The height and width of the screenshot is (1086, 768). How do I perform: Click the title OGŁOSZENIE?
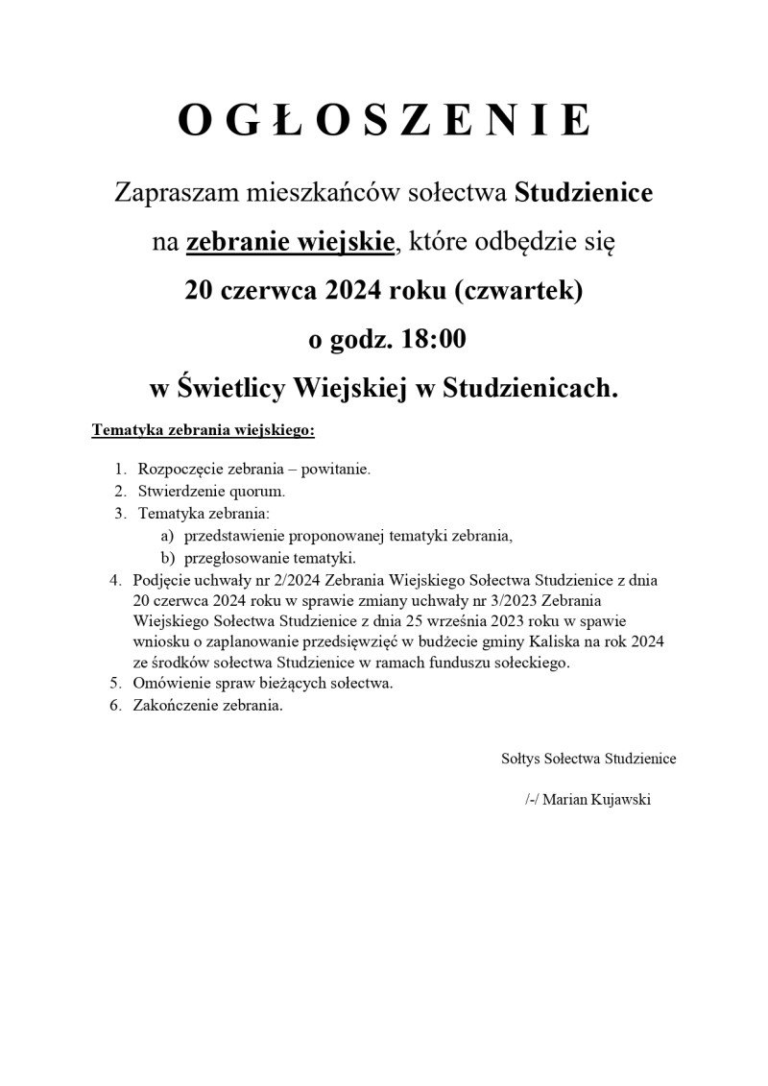384,120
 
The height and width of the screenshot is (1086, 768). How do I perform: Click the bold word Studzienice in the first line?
584,192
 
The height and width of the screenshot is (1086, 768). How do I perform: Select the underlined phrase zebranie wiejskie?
290,242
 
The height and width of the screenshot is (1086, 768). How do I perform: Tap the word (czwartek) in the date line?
523,291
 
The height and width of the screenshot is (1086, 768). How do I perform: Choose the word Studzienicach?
529,389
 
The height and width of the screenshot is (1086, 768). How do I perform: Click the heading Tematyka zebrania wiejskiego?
203,431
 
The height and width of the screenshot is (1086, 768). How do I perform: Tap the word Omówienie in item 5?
170,684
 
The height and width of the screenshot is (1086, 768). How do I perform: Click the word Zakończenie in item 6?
174,706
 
